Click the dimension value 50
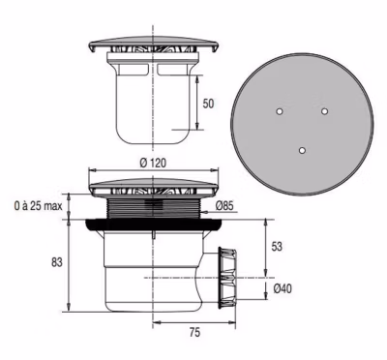coord(208,104)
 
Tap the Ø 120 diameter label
coord(153,163)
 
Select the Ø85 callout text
coord(224,205)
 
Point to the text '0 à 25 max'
coord(38,206)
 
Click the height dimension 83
coord(57,262)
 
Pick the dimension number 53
coord(277,247)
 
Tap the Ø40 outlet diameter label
coord(283,288)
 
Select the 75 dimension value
coord(194,332)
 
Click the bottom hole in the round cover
coord(302,150)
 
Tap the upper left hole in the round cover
coord(280,111)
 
